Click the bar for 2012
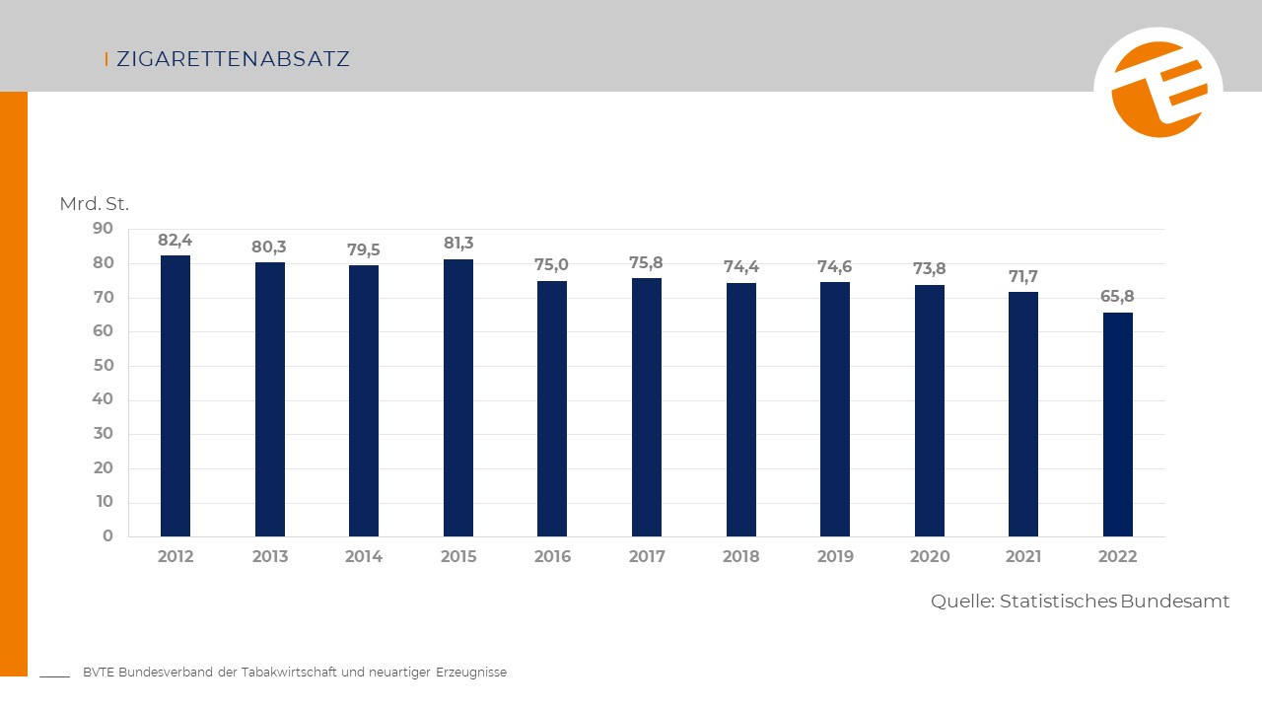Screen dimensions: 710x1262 point(175,395)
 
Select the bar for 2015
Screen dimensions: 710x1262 point(458,397)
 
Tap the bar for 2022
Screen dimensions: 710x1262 point(1118,424)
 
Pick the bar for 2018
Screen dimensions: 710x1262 point(741,409)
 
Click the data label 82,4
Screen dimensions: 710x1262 point(175,240)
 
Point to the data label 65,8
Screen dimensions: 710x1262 point(1117,296)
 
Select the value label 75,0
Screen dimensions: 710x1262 point(552,264)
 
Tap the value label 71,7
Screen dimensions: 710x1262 point(1023,276)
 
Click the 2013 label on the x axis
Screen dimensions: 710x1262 point(270,556)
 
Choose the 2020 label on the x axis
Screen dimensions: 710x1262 point(930,556)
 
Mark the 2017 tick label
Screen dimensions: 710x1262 point(647,556)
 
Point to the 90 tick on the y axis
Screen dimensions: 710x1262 point(104,229)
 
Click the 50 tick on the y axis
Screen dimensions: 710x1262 point(104,365)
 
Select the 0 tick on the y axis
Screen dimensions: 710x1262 point(108,535)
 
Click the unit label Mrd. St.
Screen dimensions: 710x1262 point(95,204)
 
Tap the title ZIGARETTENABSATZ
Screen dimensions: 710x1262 point(233,59)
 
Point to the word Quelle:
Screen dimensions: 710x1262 point(962,602)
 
